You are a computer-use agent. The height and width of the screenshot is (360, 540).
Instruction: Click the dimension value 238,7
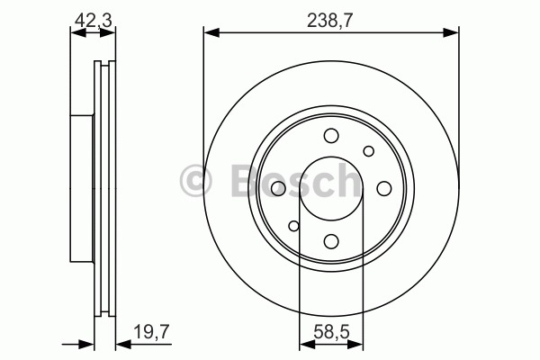pyautogui.click(x=330, y=21)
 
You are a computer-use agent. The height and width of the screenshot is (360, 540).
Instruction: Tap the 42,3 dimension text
pyautogui.click(x=94, y=21)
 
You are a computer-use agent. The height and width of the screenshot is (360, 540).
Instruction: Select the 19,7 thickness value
pyautogui.click(x=151, y=332)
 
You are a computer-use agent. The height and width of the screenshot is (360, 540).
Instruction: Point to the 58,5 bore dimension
pyautogui.click(x=331, y=332)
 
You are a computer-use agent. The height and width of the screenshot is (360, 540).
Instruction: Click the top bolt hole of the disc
pyautogui.click(x=331, y=135)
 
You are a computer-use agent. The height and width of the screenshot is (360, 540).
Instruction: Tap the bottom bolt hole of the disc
pyautogui.click(x=331, y=241)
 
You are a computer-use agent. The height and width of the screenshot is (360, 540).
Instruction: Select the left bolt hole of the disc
pyautogui.click(x=278, y=189)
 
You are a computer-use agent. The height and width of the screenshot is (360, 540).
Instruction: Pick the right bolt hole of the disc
pyautogui.click(x=384, y=188)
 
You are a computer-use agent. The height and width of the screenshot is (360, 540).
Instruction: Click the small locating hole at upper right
pyautogui.click(x=369, y=151)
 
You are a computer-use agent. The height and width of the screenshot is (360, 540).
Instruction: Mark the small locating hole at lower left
pyautogui.click(x=293, y=226)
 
